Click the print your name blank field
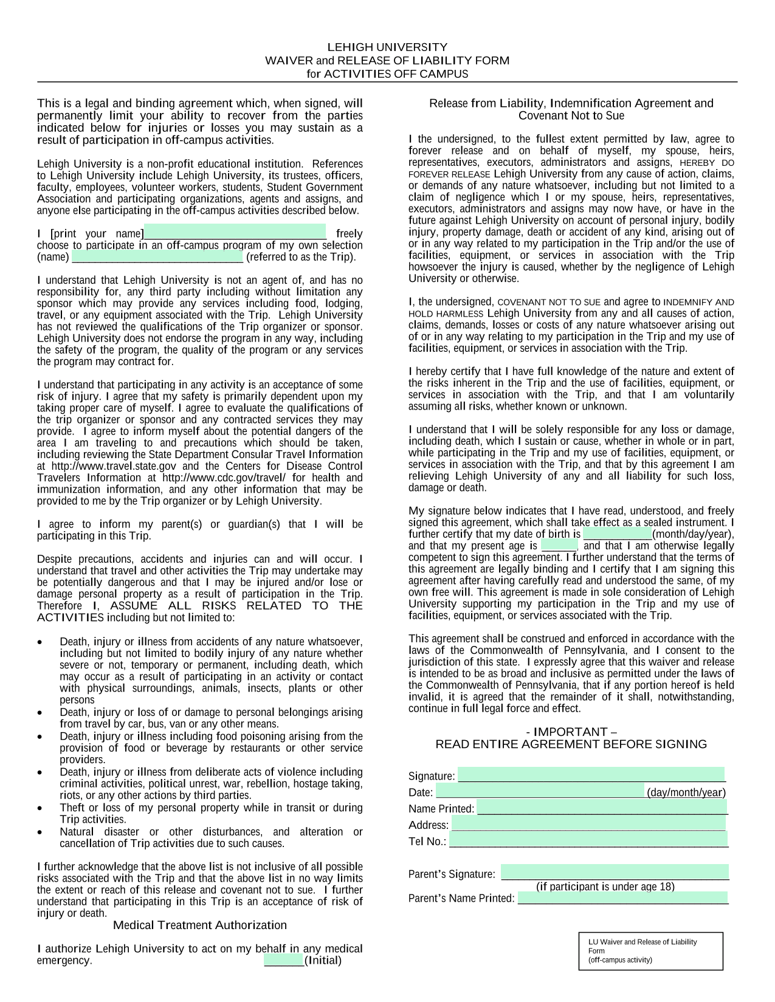point(235,232)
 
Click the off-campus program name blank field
point(157,256)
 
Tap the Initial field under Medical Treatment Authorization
point(284,960)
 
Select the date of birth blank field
point(618,534)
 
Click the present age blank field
point(559,546)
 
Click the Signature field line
point(591,775)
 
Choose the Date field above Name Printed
point(540,791)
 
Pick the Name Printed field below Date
point(602,808)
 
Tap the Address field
point(588,824)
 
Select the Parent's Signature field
point(615,873)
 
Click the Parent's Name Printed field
point(623,897)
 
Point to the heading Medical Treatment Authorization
point(200,925)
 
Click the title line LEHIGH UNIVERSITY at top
point(387,47)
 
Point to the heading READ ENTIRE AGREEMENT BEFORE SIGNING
point(571,744)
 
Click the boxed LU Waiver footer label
point(650,950)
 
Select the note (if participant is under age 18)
point(605,887)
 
